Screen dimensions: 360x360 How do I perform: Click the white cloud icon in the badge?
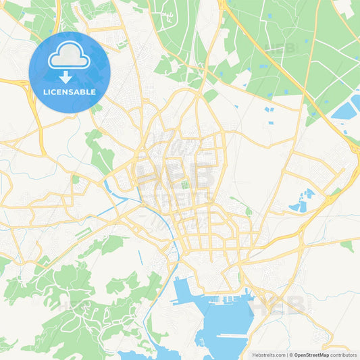[70, 57]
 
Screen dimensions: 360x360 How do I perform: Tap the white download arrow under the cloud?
[70, 76]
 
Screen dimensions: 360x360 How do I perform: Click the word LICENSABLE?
[70, 92]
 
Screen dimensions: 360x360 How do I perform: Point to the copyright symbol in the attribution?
[291, 354]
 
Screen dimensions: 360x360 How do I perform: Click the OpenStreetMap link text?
[311, 354]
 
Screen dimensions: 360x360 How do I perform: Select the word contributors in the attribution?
[344, 354]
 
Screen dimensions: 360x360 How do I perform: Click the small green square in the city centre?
[184, 184]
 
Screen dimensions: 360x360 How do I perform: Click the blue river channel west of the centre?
[108, 184]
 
